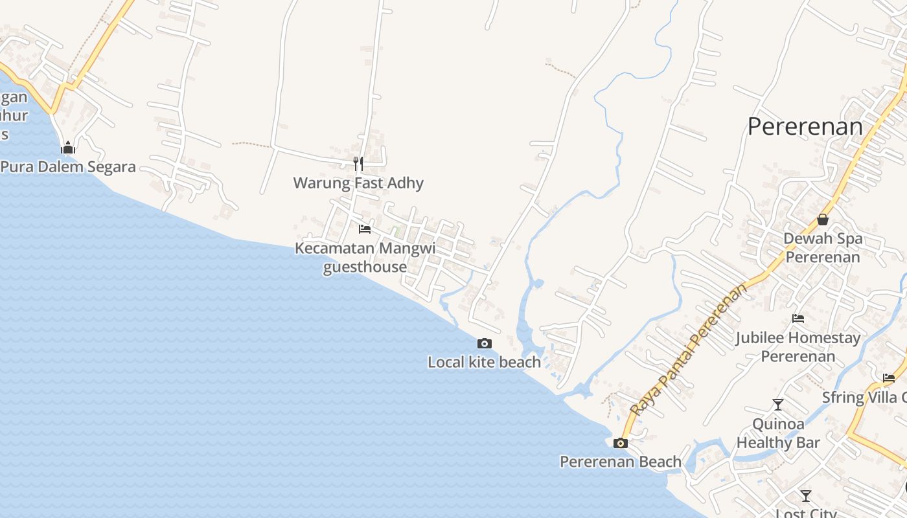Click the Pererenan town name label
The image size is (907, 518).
(805, 126)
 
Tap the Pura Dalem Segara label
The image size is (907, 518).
(68, 167)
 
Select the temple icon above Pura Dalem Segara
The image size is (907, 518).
(68, 148)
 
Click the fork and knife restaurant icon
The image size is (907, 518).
(358, 164)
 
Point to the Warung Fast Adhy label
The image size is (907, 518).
(358, 183)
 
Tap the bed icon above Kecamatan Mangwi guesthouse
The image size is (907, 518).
(365, 229)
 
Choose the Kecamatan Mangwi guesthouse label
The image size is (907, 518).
(365, 257)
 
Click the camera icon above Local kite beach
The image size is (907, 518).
(485, 343)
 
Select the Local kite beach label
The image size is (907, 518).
(484, 362)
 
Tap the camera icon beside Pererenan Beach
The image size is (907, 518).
(621, 443)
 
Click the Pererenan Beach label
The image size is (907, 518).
(621, 462)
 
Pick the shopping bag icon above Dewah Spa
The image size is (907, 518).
(823, 220)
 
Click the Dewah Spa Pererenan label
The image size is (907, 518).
(823, 247)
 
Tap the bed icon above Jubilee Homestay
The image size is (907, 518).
(798, 319)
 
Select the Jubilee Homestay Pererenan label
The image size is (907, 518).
(798, 346)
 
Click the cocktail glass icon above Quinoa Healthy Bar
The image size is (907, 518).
(778, 405)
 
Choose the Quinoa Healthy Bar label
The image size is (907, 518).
(778, 433)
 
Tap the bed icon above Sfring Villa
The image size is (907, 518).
(889, 378)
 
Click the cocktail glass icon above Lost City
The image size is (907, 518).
(806, 495)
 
